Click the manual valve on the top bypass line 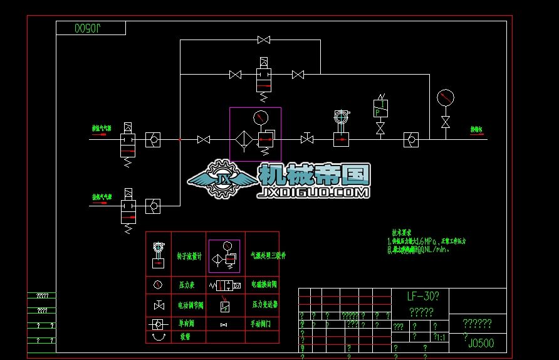[x=264, y=40]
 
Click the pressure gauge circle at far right [x=445, y=98]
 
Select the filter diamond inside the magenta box [x=243, y=139]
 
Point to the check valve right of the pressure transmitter [x=411, y=139]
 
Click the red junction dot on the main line [x=180, y=139]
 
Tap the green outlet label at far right [x=478, y=130]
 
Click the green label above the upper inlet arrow [x=102, y=129]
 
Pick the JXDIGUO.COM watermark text [x=313, y=193]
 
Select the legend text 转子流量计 [x=190, y=256]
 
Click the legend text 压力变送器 [x=264, y=304]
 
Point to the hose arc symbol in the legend [x=158, y=337]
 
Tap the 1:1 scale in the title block [x=440, y=337]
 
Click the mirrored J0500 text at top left [x=91, y=28]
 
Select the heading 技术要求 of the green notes [x=401, y=231]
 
